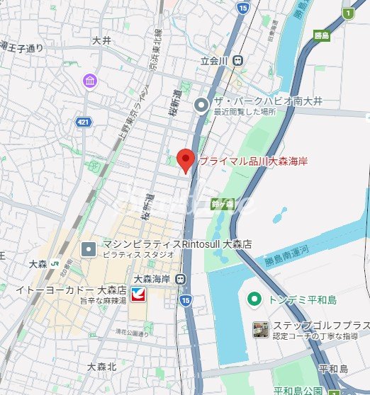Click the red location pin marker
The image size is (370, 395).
point(185,160)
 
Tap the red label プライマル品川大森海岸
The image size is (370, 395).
point(252,161)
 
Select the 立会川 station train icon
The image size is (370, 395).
point(238,61)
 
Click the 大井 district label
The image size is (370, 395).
point(101,41)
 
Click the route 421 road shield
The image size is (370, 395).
point(83,122)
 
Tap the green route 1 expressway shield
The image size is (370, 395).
point(347,13)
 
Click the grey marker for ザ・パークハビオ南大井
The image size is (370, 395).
point(202,105)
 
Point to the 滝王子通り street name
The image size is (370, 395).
point(22,48)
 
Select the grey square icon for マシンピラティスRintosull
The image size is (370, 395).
point(89,248)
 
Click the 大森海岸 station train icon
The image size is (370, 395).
point(182,279)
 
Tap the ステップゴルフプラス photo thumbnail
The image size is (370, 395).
point(260,329)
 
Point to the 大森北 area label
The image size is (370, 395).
point(101,367)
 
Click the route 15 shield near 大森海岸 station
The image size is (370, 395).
point(186,302)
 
